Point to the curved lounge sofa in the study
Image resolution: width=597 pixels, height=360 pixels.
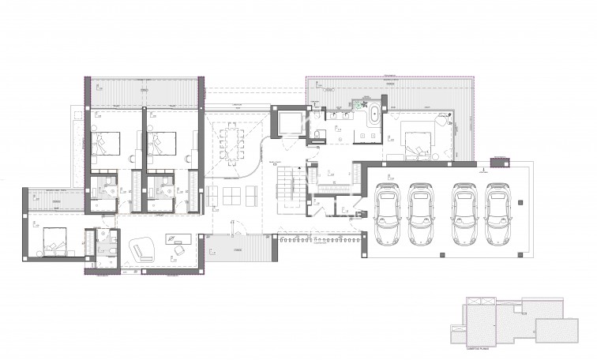click(142, 249)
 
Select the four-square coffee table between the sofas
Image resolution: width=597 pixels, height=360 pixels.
click(235, 193)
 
